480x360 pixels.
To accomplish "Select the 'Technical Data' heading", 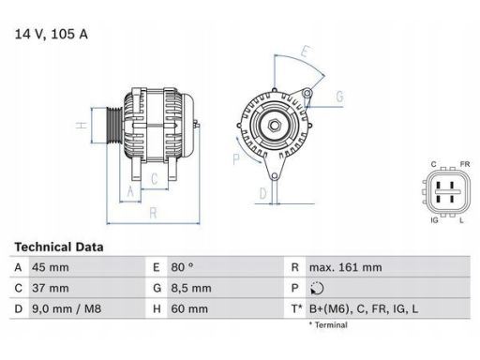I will pyautogui.click(x=58, y=247).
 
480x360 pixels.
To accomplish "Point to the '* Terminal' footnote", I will pyautogui.click(x=327, y=324).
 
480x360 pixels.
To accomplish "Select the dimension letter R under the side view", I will pyautogui.click(x=152, y=213).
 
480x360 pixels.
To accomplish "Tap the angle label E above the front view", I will pyautogui.click(x=306, y=52).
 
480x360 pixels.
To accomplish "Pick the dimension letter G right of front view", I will pyautogui.click(x=338, y=97).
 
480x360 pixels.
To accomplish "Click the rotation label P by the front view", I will pyautogui.click(x=236, y=159).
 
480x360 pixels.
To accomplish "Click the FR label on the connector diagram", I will pyautogui.click(x=463, y=165).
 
